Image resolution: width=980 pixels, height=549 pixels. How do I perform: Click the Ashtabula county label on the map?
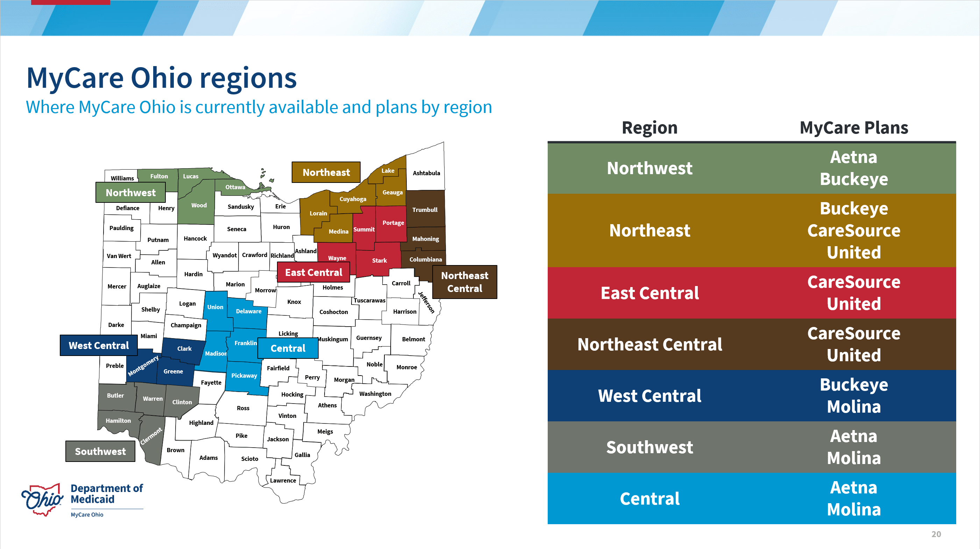(x=426, y=173)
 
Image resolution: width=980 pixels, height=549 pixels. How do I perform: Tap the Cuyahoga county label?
(x=353, y=199)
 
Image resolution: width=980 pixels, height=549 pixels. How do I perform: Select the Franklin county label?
(x=246, y=343)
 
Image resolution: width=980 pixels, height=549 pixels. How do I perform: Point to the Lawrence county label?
(x=283, y=480)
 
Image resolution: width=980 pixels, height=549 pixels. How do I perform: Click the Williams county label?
(x=122, y=178)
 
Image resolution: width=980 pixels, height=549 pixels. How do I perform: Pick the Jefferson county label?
(x=426, y=302)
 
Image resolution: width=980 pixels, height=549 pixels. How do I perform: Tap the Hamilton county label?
(x=118, y=421)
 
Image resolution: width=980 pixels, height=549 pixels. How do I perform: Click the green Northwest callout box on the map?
(x=130, y=193)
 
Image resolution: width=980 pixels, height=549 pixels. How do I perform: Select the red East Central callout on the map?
(x=313, y=272)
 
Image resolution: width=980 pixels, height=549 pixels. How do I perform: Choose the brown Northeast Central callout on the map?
(x=464, y=282)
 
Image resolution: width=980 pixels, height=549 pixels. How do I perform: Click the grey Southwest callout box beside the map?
(x=100, y=451)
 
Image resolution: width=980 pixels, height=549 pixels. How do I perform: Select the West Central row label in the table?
(x=649, y=396)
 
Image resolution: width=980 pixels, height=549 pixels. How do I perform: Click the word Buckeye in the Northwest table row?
(x=854, y=179)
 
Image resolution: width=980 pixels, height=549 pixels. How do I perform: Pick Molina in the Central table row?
(x=854, y=509)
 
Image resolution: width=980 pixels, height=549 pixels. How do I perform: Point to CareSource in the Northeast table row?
(x=854, y=230)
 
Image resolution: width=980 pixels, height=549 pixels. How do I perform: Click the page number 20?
(x=936, y=534)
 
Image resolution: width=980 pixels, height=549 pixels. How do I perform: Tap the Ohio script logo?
(x=43, y=499)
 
